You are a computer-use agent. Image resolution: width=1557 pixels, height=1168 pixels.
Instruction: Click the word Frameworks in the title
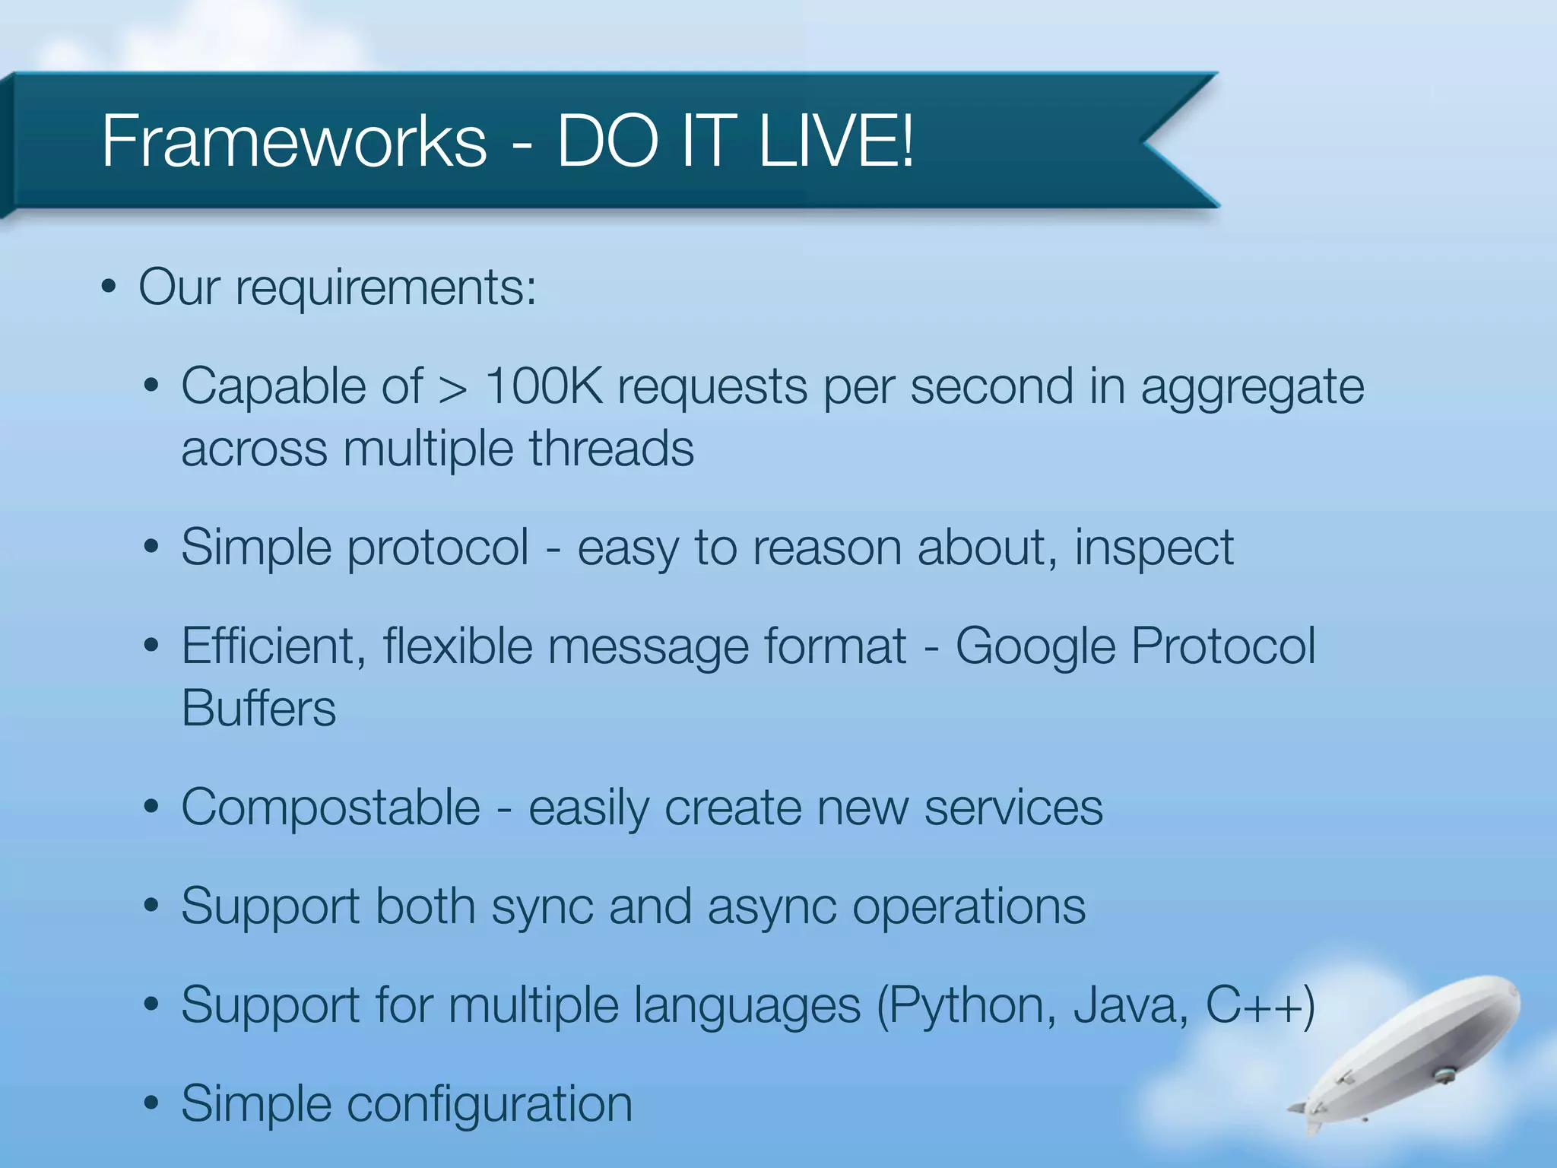click(x=293, y=141)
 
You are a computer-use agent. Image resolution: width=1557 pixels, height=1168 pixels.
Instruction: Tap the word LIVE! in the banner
click(x=836, y=141)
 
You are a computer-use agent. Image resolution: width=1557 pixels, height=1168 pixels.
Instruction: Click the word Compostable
click(x=331, y=807)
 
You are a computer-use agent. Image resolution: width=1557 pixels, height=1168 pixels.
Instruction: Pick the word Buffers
click(x=258, y=708)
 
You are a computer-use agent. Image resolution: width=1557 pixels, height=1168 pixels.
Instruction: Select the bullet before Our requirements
click(x=109, y=288)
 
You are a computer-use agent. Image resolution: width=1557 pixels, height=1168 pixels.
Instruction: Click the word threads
click(x=611, y=449)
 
